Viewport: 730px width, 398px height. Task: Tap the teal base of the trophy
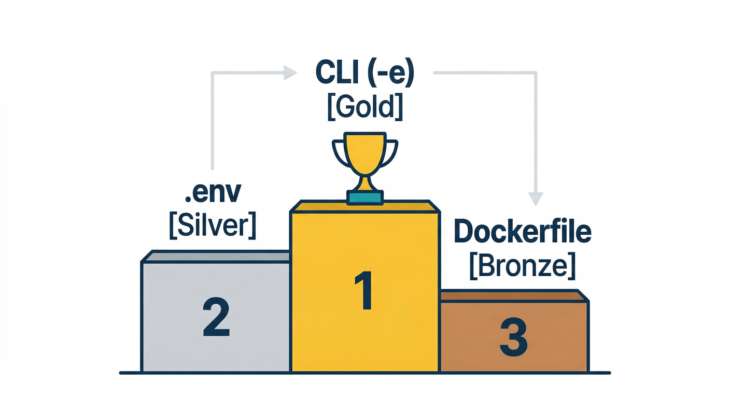(x=366, y=197)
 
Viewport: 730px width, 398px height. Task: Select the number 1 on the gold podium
(x=364, y=291)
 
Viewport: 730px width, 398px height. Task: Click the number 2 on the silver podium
(x=216, y=317)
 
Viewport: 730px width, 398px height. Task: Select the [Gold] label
(x=364, y=107)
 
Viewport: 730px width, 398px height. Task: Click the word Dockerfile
(x=522, y=232)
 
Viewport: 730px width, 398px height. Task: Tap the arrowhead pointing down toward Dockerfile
(x=536, y=198)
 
